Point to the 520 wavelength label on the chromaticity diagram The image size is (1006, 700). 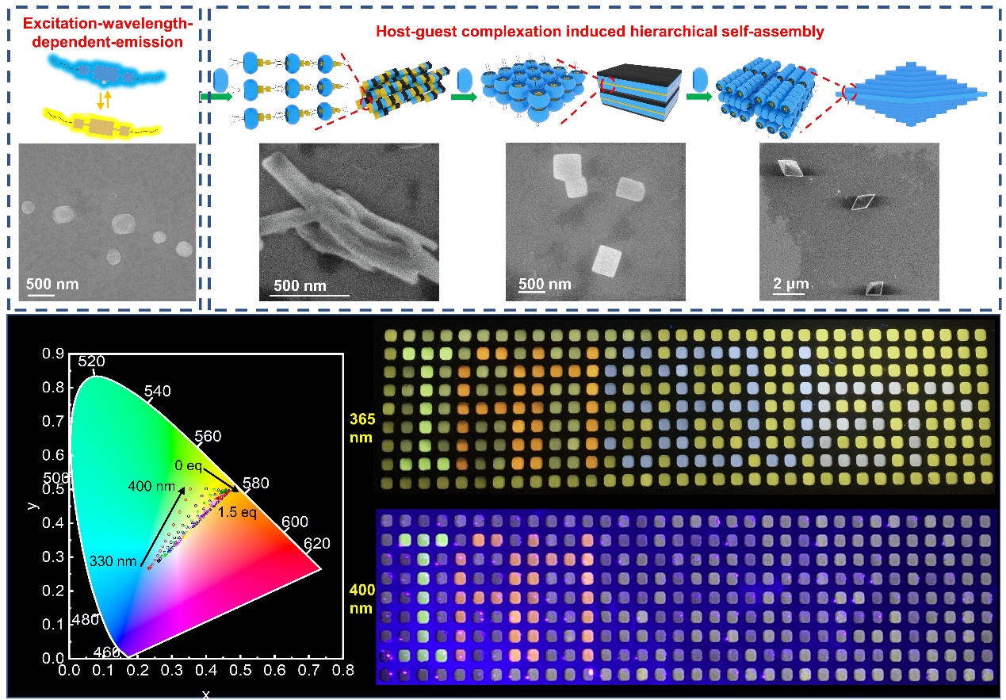tap(91, 361)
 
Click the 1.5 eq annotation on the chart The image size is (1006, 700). tap(238, 512)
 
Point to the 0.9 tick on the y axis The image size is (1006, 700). tap(55, 354)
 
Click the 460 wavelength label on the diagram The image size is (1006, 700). tap(109, 652)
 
